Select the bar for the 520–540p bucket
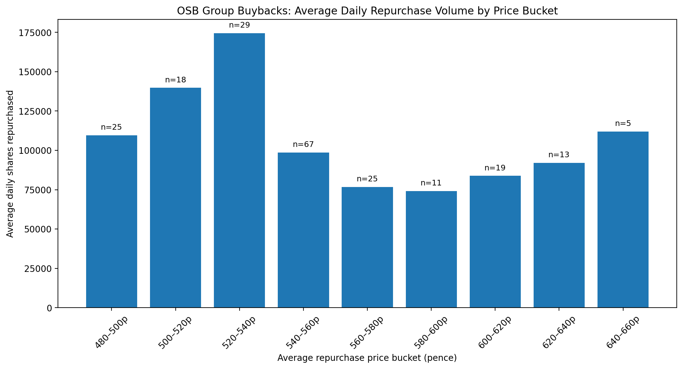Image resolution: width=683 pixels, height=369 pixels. (239, 170)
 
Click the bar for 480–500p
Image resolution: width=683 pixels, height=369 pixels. (111, 221)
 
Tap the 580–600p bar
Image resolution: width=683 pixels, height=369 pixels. (431, 249)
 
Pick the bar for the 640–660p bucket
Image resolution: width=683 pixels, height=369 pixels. (623, 220)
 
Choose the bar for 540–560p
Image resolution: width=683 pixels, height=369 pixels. (303, 230)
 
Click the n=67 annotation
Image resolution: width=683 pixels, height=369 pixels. (303, 144)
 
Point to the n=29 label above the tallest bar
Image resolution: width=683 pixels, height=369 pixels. (239, 25)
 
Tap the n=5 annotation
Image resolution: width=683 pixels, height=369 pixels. (623, 123)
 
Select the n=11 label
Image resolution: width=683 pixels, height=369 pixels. (431, 183)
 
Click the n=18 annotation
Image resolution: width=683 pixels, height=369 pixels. (175, 80)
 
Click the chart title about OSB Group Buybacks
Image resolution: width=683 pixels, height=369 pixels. (367, 11)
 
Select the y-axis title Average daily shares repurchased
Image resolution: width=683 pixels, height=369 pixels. (10, 164)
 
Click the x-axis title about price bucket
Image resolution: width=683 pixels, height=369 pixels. (367, 358)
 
